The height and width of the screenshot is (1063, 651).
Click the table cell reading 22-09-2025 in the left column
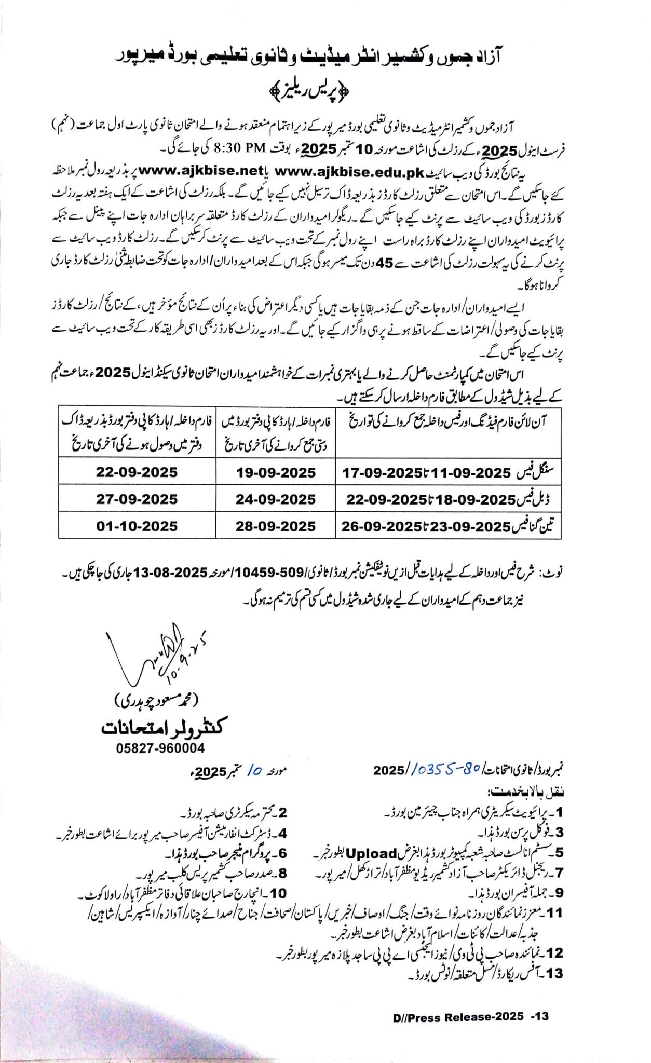tap(137, 472)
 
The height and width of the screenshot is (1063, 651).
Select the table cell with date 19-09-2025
tap(276, 472)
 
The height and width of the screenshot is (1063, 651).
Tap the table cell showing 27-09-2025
tap(137, 499)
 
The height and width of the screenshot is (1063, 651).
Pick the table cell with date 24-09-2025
tap(276, 499)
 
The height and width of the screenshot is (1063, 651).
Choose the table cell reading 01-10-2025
tap(137, 526)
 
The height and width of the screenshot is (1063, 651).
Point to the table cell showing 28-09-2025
tap(276, 526)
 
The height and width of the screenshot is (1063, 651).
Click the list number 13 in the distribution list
tap(555, 973)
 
